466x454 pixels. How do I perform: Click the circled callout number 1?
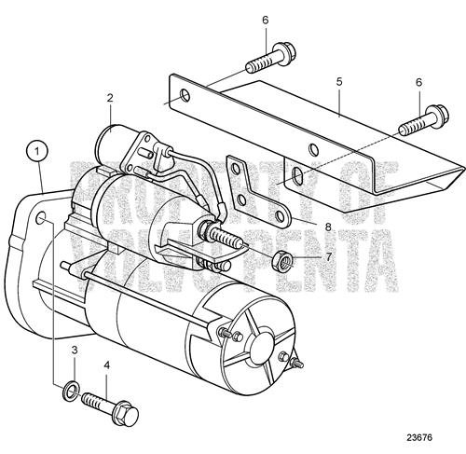tap(37, 151)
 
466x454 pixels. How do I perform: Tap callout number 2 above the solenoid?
tap(110, 98)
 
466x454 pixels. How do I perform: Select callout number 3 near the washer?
tap(75, 351)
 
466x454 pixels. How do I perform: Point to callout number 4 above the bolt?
tap(107, 365)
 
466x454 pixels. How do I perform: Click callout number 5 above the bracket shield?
tap(339, 82)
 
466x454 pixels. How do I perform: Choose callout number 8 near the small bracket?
tap(328, 227)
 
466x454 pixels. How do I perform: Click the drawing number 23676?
tap(419, 437)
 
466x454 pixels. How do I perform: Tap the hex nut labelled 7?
tap(281, 261)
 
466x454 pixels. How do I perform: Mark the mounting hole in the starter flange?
tap(42, 218)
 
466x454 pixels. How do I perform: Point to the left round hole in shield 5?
tap(185, 96)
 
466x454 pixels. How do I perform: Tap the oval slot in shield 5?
tap(297, 174)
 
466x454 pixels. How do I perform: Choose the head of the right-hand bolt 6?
tap(437, 116)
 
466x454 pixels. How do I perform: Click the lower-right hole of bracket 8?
tap(281, 215)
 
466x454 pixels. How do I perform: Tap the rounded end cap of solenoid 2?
tap(104, 141)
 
